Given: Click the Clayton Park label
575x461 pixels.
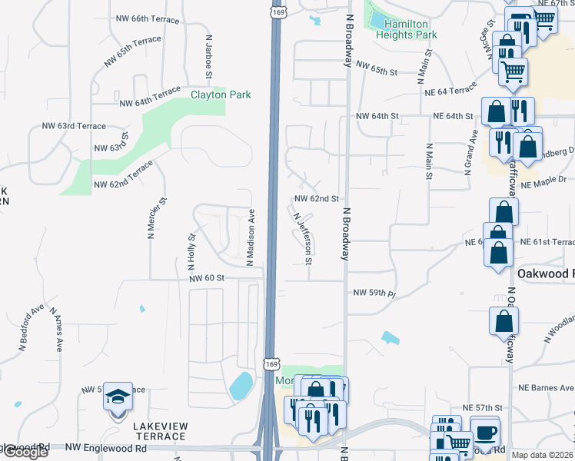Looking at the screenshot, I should [221, 95].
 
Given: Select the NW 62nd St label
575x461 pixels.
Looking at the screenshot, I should [316, 198].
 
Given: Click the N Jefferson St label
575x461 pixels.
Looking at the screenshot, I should [302, 238].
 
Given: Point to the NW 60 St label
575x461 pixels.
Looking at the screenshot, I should [205, 278].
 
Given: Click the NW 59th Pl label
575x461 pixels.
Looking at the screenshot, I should [374, 293].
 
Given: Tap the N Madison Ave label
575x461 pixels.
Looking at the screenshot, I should [250, 237].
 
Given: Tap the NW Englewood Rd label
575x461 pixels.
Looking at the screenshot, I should [106, 446].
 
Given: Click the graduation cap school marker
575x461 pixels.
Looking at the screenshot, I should [118, 397].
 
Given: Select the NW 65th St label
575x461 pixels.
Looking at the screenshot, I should [376, 71].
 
